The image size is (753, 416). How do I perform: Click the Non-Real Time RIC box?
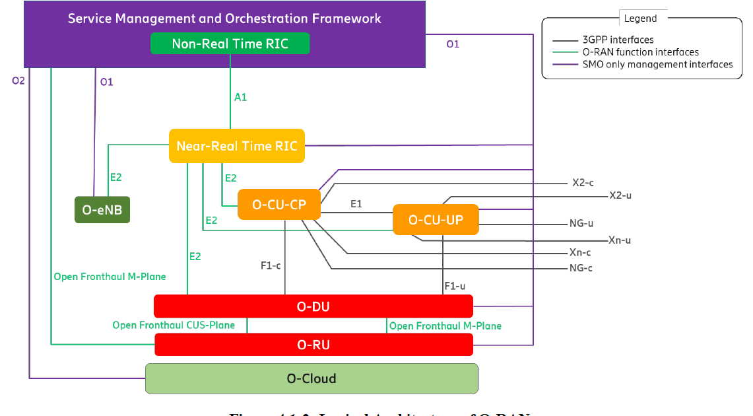pyautogui.click(x=230, y=44)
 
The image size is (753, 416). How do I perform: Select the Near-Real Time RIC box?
pyautogui.click(x=237, y=146)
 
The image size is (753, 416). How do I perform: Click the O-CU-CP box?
pyautogui.click(x=279, y=205)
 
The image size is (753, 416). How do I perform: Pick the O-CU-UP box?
pyautogui.click(x=436, y=219)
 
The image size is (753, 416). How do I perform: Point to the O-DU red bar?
pyautogui.click(x=313, y=306)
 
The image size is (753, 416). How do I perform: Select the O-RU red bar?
pyautogui.click(x=313, y=344)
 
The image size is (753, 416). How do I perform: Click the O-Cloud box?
pyautogui.click(x=311, y=378)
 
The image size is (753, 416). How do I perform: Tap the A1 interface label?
pyautogui.click(x=241, y=97)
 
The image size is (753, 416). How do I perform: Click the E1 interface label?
pyautogui.click(x=356, y=204)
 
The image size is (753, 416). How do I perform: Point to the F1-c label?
pyautogui.click(x=271, y=266)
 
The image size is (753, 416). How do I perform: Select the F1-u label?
pyautogui.click(x=455, y=286)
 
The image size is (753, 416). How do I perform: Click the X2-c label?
pyautogui.click(x=583, y=183)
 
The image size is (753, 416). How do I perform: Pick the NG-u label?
pyautogui.click(x=581, y=224)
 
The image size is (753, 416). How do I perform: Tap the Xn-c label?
pyautogui.click(x=580, y=253)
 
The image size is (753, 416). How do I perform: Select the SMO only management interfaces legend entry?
pyautogui.click(x=657, y=64)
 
